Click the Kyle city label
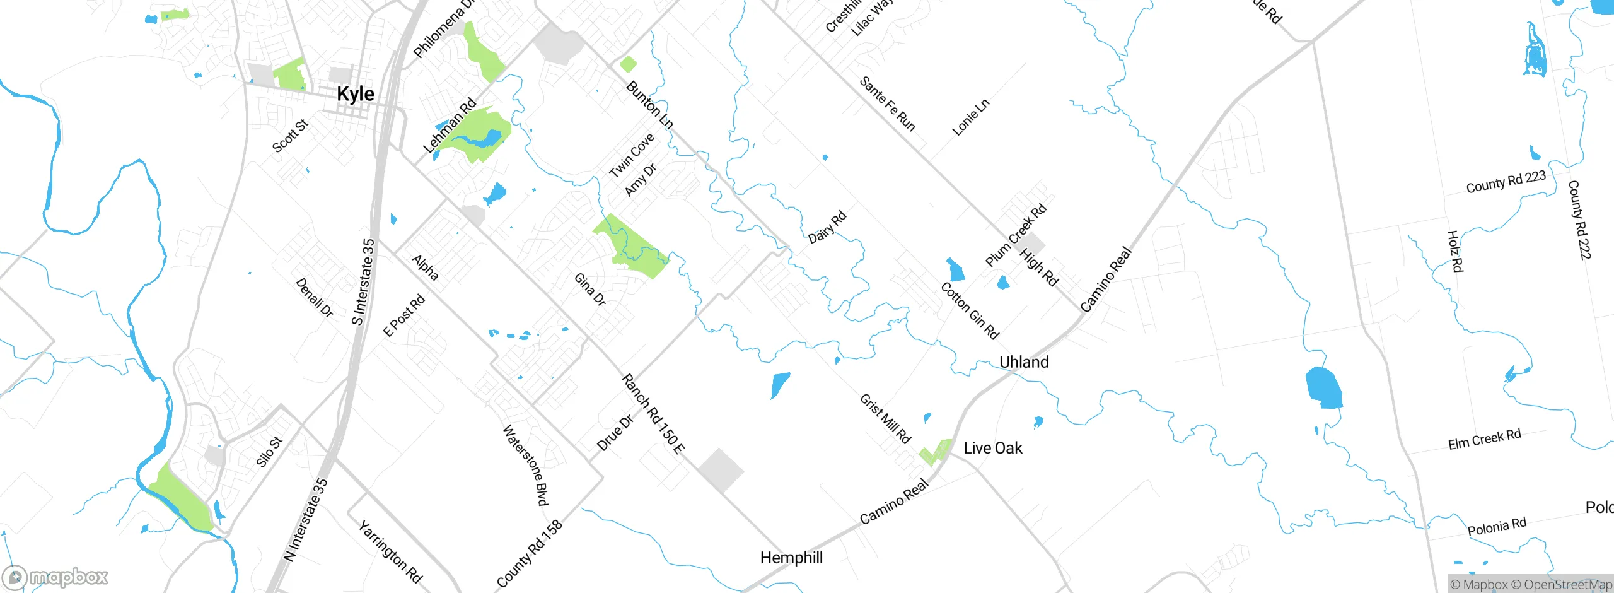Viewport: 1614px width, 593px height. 356,95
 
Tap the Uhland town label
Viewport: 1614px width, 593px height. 1024,362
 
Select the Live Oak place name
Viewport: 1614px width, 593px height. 993,448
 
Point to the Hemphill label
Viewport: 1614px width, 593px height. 791,558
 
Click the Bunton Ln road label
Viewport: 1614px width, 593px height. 649,105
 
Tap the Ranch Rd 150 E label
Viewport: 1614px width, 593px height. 653,414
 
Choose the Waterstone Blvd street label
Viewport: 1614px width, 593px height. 525,465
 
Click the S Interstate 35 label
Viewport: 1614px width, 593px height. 363,282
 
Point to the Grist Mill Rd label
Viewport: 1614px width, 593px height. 885,419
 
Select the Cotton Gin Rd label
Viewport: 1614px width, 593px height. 970,310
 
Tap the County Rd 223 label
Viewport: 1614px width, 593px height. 1506,182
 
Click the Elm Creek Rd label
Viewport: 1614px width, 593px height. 1484,439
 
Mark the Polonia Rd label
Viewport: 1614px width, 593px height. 1497,526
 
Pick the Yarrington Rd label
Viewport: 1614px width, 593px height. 390,551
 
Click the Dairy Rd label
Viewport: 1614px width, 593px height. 827,228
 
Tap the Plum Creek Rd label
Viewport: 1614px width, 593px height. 1016,235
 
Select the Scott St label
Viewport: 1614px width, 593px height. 290,136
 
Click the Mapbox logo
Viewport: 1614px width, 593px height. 55,577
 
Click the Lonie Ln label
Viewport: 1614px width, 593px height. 970,117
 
